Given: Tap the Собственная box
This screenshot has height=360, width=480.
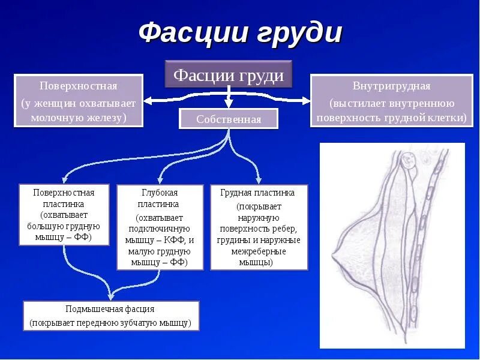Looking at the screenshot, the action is pyautogui.click(x=229, y=119).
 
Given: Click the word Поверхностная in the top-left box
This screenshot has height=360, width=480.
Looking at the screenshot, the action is pyautogui.click(x=78, y=86).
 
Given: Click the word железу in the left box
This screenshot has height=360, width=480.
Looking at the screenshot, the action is pyautogui.click(x=106, y=117).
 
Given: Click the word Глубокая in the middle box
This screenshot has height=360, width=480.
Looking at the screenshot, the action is pyautogui.click(x=160, y=193).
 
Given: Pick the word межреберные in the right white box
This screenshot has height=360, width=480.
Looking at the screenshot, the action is pyautogui.click(x=258, y=251).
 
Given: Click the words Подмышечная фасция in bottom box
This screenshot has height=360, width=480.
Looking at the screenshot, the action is pyautogui.click(x=110, y=309).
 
